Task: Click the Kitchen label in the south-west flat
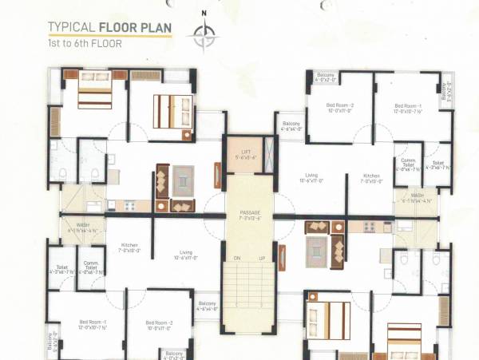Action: [130, 247]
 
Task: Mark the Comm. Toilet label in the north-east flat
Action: [405, 164]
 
